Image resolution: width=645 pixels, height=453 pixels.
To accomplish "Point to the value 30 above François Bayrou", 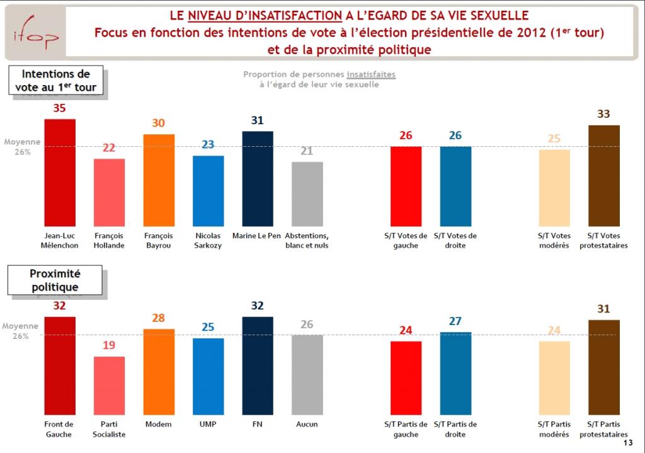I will [159, 123].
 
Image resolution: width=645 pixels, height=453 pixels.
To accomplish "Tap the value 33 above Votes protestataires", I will [603, 114].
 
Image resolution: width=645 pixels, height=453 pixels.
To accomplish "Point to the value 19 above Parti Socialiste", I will [110, 346].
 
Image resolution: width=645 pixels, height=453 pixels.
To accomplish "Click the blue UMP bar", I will [208, 378].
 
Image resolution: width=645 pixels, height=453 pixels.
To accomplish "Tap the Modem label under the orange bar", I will [159, 425].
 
